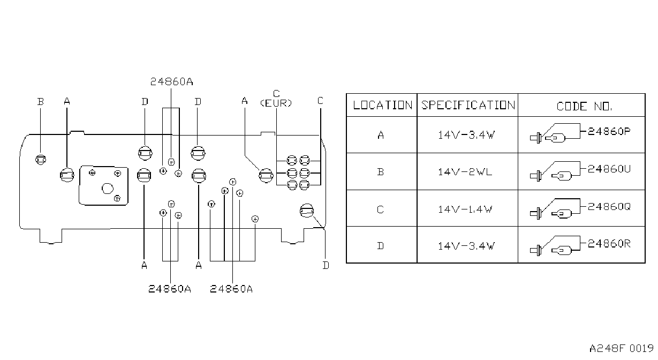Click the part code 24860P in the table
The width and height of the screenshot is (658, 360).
coord(609,131)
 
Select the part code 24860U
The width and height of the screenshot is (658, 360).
coord(609,169)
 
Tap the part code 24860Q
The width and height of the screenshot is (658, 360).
coord(609,207)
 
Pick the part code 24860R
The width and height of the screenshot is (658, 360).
coord(609,244)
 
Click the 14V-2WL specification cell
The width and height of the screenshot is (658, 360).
coord(465,172)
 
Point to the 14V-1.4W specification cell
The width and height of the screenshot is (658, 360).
coord(465,209)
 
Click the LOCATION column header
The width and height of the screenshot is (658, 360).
coord(382,105)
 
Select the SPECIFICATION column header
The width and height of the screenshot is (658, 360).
coord(468,105)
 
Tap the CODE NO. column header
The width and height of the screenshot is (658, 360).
coord(584,107)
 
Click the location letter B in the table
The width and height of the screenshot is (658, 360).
coord(381,172)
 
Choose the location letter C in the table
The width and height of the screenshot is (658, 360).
coord(381,209)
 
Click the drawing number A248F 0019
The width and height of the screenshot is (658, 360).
coord(622,349)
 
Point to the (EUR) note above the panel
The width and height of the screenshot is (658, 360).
coord(276,103)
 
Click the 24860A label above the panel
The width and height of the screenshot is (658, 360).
coord(172,82)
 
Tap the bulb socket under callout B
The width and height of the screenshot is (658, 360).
coord(41,160)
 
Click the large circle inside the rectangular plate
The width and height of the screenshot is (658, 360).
coord(108,189)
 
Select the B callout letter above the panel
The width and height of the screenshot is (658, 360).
coord(41,102)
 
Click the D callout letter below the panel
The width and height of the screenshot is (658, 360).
coord(326,266)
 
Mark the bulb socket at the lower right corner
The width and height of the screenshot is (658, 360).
coord(307,211)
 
